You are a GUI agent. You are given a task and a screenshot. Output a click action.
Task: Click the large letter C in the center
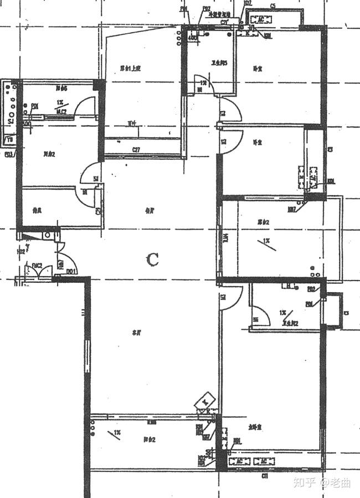tap(153, 259)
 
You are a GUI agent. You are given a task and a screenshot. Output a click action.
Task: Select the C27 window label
tap(135, 149)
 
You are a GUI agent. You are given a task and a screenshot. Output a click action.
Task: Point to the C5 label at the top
tap(273, 6)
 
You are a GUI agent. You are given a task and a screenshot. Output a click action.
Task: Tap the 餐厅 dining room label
tap(148, 211)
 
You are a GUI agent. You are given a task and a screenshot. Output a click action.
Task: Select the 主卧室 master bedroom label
tap(255, 427)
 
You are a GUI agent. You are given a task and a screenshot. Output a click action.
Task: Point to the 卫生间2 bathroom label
tap(291, 324)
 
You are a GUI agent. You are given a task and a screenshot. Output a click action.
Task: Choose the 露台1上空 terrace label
tap(131, 69)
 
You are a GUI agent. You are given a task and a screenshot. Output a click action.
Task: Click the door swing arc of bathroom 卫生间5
tap(205, 83)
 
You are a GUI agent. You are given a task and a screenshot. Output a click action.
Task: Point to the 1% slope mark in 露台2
tap(266, 241)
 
